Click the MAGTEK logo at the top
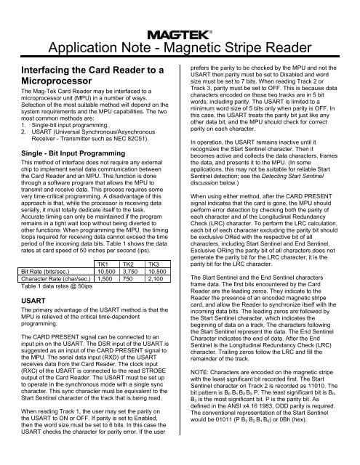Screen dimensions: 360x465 pyautogui.click(x=180, y=33)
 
